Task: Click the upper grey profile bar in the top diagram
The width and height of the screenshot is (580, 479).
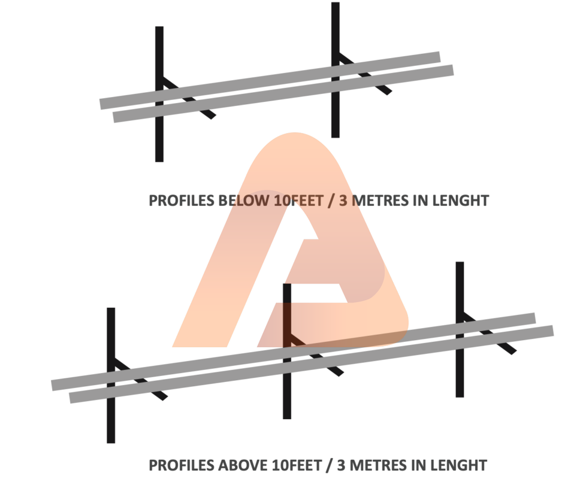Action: [270, 81]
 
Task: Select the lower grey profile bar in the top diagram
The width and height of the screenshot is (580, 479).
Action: [283, 93]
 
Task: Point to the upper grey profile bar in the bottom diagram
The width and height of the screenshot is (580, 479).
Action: [294, 352]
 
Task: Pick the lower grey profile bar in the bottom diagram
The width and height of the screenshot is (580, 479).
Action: [312, 365]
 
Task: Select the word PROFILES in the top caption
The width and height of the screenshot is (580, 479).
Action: [182, 201]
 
